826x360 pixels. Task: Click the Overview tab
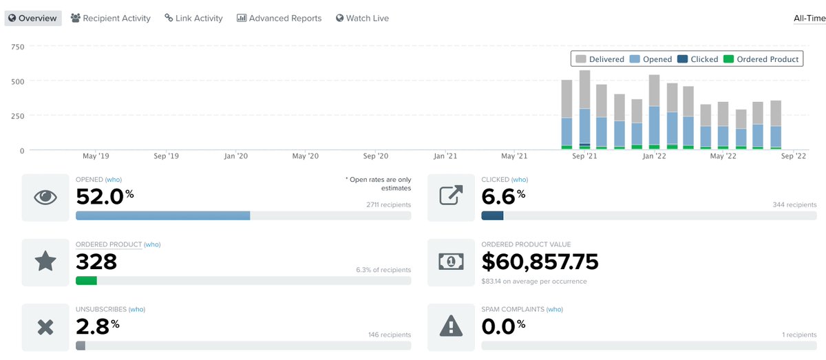click(33, 19)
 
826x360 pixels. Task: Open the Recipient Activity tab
click(110, 19)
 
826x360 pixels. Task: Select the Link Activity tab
click(193, 19)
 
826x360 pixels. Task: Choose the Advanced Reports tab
click(279, 19)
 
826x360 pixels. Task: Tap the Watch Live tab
click(362, 19)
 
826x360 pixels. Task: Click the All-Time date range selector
click(809, 19)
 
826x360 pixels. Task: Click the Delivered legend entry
click(600, 59)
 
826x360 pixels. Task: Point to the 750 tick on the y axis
click(18, 47)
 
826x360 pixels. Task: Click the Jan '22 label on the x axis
click(653, 156)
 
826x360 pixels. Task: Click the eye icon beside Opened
click(45, 198)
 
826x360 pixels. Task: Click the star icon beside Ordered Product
click(45, 262)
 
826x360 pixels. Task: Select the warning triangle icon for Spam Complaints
click(451, 327)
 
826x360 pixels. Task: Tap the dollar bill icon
click(451, 262)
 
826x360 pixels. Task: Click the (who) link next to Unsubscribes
click(137, 309)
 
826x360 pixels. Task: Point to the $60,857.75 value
click(540, 262)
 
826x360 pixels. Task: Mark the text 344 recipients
click(795, 205)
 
